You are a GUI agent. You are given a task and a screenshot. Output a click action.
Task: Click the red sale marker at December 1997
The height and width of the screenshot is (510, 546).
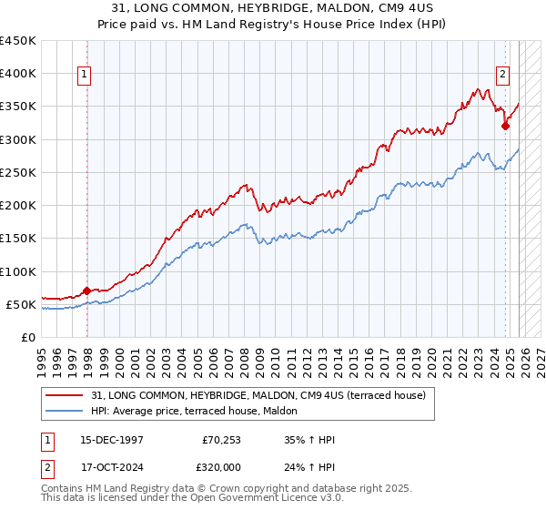tap(86, 291)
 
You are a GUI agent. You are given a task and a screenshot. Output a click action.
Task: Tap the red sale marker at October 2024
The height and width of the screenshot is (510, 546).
tap(505, 127)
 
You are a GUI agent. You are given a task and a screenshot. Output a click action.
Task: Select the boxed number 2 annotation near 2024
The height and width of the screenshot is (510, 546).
tap(502, 76)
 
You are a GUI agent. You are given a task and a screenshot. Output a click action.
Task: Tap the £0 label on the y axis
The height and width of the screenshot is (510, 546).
tap(29, 337)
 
